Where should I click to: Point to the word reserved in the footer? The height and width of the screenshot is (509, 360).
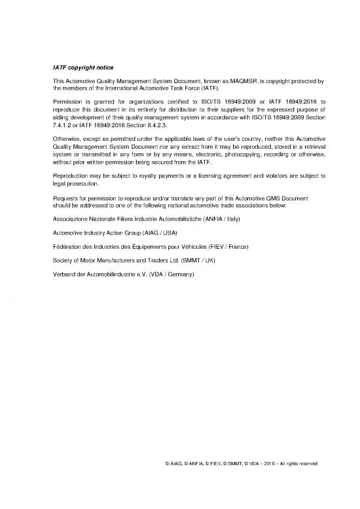tap(308, 463)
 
